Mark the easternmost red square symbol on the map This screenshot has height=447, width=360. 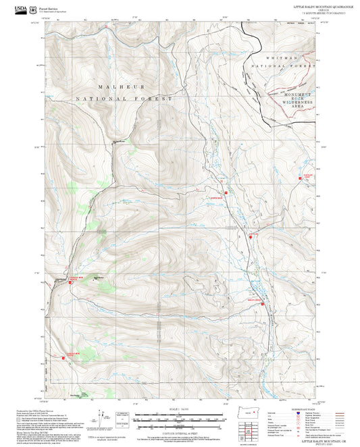[301, 178]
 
